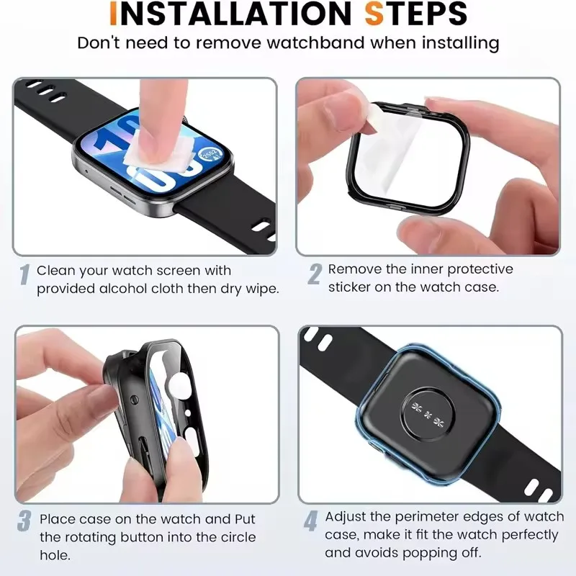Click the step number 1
(24, 274)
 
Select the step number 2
(315, 274)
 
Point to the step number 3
(24, 521)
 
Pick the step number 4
(311, 521)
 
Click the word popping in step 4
(418, 553)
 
